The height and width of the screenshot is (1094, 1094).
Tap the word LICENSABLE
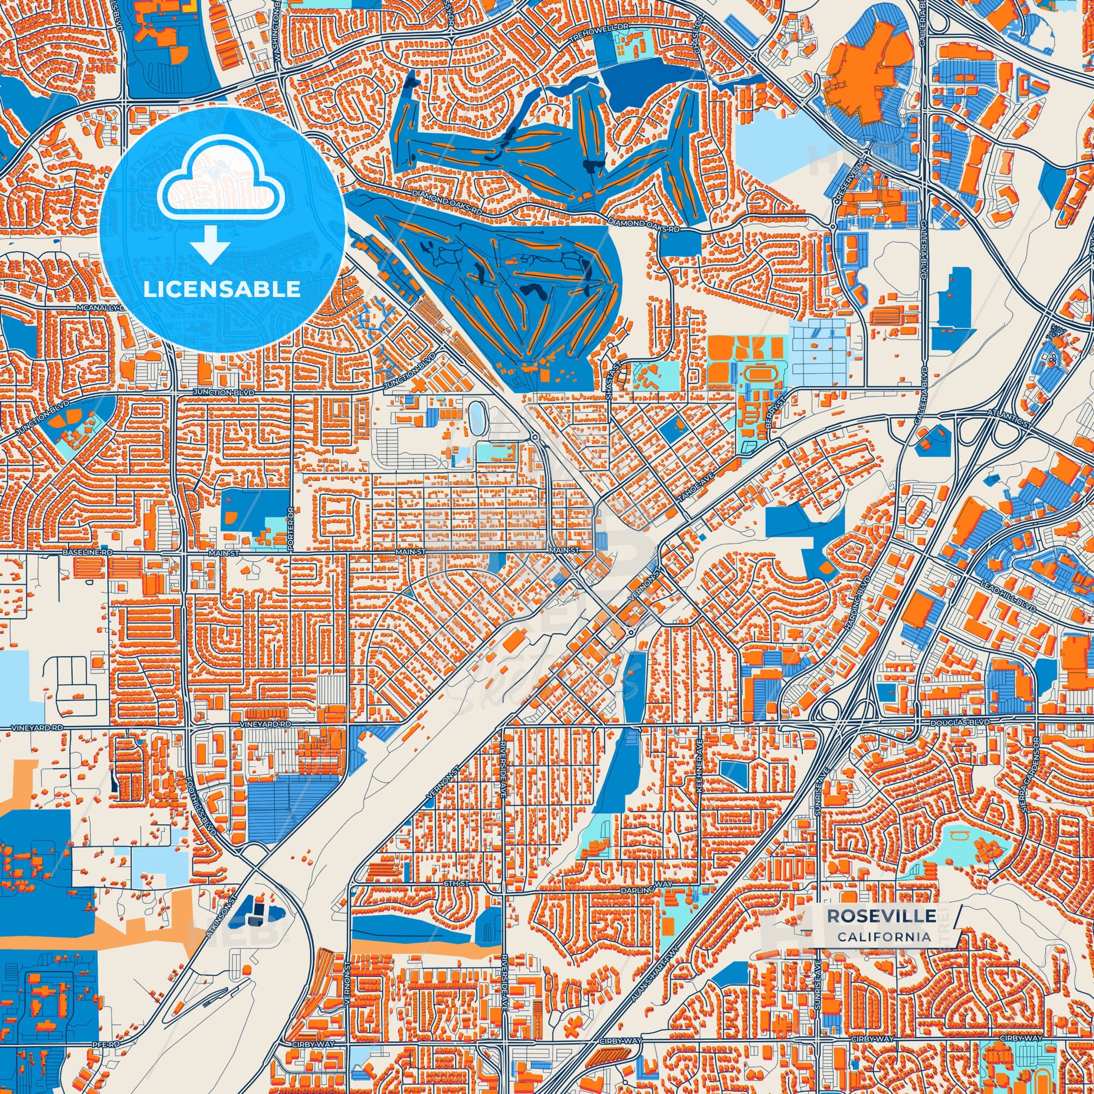[x=222, y=290]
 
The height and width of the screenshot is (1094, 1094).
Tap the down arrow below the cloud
[x=210, y=245]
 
